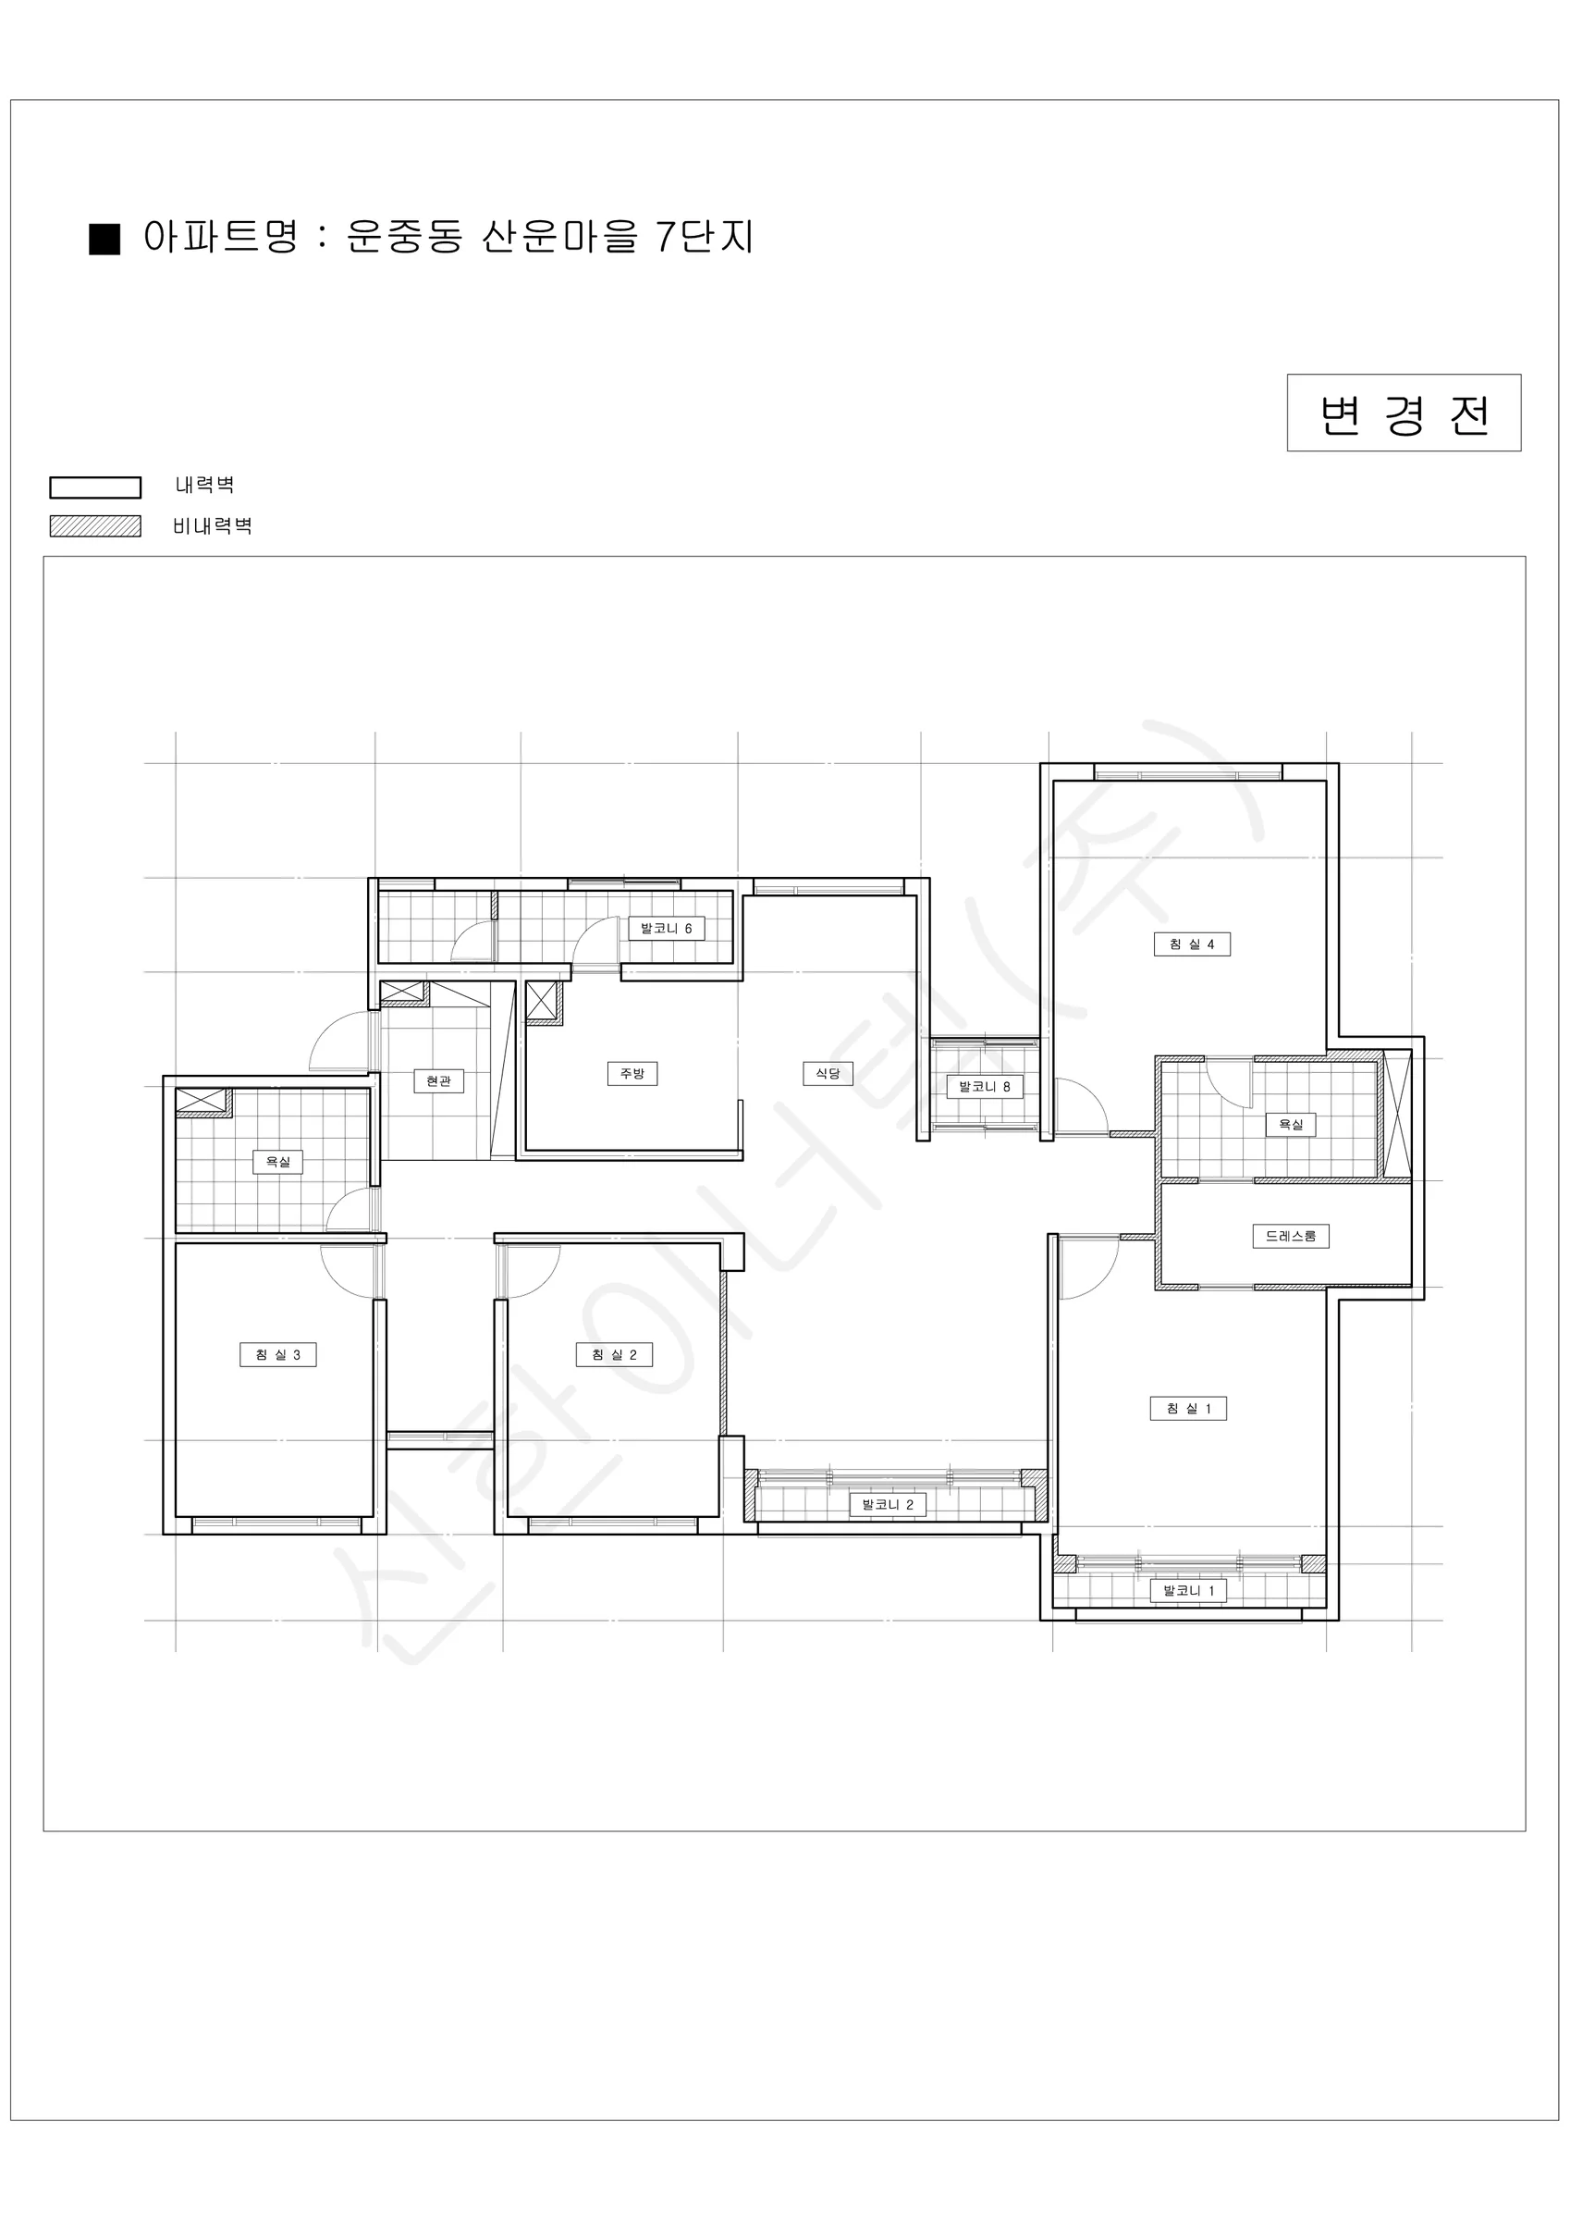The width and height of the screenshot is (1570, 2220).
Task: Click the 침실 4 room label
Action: click(x=1192, y=943)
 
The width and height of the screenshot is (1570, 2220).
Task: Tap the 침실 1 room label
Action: click(x=1188, y=1408)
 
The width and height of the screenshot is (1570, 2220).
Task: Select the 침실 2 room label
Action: click(x=614, y=1354)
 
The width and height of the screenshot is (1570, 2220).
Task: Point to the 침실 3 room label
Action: click(x=278, y=1354)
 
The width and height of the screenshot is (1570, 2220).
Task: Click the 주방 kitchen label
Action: click(x=632, y=1073)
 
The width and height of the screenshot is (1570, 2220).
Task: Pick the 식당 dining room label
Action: click(x=828, y=1073)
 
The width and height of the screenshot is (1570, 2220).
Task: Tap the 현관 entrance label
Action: click(x=439, y=1080)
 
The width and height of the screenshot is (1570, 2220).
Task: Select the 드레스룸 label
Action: click(x=1291, y=1236)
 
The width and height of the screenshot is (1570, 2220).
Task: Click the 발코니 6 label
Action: click(x=667, y=928)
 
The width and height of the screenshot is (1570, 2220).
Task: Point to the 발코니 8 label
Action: click(x=984, y=1086)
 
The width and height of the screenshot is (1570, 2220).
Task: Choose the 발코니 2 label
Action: click(x=888, y=1504)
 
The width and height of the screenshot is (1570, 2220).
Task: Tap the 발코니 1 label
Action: click(x=1188, y=1591)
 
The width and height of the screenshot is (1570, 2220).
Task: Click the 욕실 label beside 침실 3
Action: click(x=278, y=1161)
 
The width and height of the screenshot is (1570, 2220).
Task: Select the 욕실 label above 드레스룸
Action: click(x=1291, y=1124)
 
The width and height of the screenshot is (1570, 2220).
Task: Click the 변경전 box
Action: click(x=1404, y=413)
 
